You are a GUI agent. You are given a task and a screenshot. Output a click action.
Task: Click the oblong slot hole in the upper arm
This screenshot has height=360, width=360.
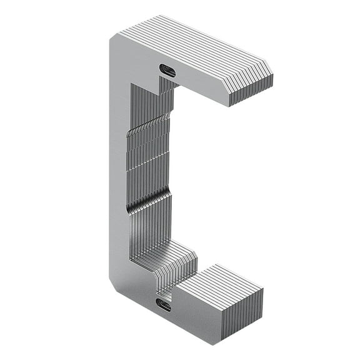(167, 70)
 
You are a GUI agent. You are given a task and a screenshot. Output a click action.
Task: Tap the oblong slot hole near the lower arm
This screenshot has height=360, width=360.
(163, 306)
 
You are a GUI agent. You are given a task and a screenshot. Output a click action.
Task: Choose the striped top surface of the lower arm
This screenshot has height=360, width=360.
(219, 282)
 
